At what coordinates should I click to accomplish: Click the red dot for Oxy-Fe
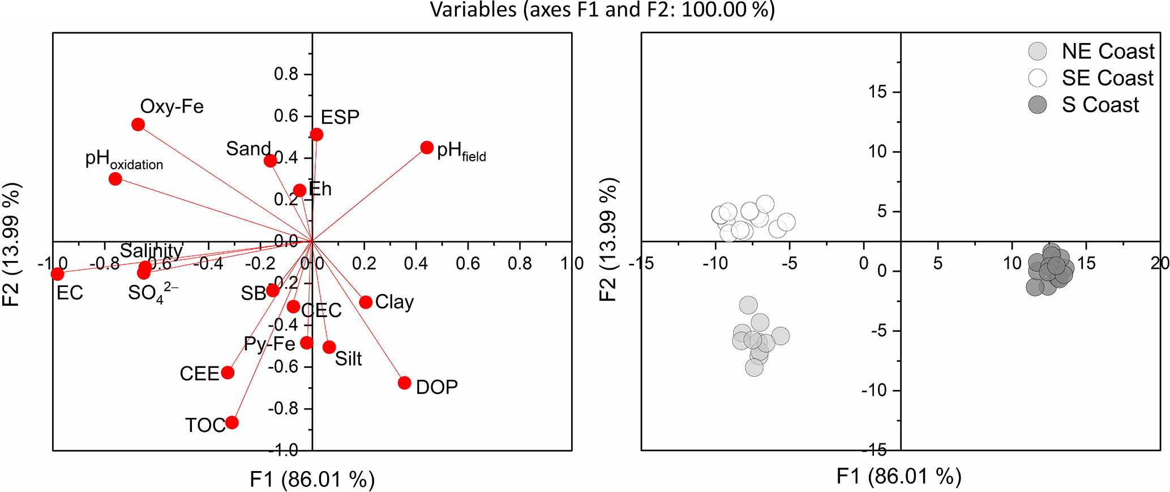(x=138, y=125)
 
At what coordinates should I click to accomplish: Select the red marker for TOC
(x=232, y=422)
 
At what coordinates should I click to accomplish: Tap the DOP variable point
(x=404, y=383)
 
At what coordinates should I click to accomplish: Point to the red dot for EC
(x=57, y=274)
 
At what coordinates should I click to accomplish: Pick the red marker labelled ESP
(x=316, y=135)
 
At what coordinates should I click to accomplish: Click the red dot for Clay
(x=366, y=302)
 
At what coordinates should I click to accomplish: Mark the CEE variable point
(x=228, y=373)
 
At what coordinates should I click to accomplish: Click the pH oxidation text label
(x=124, y=160)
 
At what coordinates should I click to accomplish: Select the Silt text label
(x=348, y=358)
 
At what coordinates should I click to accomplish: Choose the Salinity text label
(x=151, y=250)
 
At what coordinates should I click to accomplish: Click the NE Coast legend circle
(x=1038, y=51)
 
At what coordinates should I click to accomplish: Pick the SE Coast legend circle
(x=1038, y=78)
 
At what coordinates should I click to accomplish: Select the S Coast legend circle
(x=1038, y=105)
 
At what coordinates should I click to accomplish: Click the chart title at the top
(x=602, y=10)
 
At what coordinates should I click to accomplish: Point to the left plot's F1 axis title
(x=312, y=479)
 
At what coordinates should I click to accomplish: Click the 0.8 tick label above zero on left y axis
(x=286, y=74)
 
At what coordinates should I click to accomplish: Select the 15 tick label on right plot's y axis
(x=877, y=92)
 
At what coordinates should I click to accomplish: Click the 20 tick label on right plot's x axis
(x=1160, y=263)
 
